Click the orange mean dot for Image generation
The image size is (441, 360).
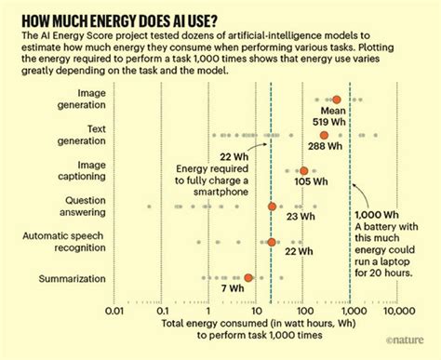coord(336,100)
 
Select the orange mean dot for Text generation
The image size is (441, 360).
coord(324,135)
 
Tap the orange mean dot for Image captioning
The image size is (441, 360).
coord(303,171)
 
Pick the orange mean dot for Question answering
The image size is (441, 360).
coord(272,207)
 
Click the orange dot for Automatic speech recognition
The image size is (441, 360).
coord(271,242)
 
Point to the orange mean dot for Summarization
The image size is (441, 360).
coord(247,277)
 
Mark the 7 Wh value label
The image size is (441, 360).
coord(244,290)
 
